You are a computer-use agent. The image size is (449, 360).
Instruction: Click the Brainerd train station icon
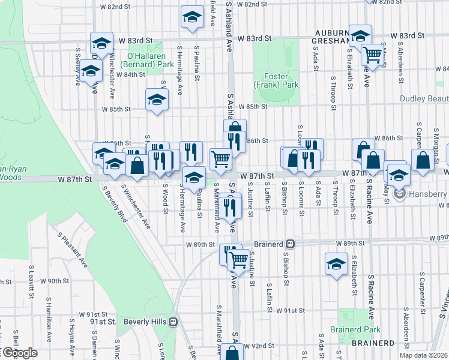[291, 244]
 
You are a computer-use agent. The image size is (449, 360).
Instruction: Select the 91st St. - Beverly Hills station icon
[173, 322]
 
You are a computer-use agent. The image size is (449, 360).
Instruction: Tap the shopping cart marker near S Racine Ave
[373, 55]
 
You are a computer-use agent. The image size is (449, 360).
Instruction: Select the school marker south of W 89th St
[336, 264]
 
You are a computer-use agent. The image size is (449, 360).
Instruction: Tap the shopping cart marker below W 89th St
[239, 259]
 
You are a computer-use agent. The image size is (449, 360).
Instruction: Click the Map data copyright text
[423, 355]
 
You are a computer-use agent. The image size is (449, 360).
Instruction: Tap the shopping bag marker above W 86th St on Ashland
[235, 128]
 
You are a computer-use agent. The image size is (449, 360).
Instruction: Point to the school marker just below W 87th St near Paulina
[194, 178]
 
